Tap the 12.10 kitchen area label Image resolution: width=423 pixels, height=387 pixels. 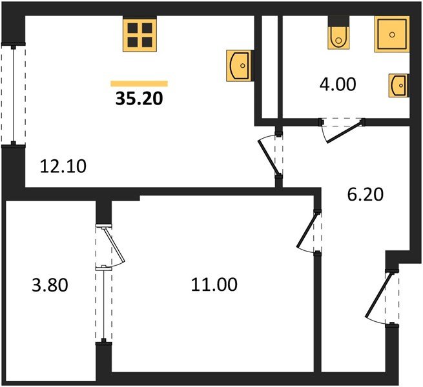click(x=63, y=166)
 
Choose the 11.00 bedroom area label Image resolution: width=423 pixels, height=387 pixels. click(x=213, y=283)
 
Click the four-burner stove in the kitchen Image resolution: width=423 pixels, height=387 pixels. click(x=139, y=35)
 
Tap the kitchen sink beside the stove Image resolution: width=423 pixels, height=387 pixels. click(x=238, y=65)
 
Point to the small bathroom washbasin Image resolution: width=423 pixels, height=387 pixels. click(x=398, y=84)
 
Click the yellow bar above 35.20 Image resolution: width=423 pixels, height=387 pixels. click(x=139, y=83)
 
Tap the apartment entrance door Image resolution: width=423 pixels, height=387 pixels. click(x=381, y=297)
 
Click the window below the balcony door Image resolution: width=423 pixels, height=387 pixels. click(x=102, y=303)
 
